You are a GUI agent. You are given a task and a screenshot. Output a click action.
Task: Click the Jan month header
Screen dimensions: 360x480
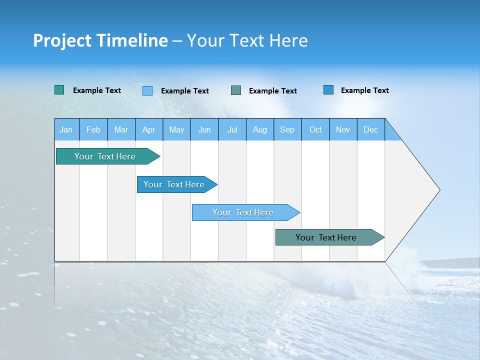click(x=66, y=129)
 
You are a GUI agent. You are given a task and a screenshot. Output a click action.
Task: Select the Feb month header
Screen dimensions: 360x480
click(x=93, y=129)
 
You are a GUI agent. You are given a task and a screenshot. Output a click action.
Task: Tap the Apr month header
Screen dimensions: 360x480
click(x=148, y=129)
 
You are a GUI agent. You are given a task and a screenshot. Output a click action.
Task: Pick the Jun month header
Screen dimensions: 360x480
click(x=204, y=129)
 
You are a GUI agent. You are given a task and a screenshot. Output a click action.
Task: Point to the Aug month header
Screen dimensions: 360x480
click(x=259, y=129)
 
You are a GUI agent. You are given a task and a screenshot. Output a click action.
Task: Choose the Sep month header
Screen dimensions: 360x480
click(x=287, y=129)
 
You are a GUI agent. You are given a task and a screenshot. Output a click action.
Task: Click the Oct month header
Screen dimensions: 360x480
click(x=315, y=129)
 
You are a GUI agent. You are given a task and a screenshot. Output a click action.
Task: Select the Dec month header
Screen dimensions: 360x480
click(x=370, y=129)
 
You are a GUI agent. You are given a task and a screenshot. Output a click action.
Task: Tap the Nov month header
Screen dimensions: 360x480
click(x=343, y=129)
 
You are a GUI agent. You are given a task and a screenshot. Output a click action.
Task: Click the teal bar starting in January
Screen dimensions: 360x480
click(x=105, y=156)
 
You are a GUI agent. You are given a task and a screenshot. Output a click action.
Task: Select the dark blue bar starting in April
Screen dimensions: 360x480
click(x=174, y=184)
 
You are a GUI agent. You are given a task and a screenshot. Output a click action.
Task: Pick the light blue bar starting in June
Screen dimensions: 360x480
click(x=243, y=212)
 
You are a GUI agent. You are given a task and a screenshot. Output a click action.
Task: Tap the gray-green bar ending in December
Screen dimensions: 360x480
click(x=326, y=237)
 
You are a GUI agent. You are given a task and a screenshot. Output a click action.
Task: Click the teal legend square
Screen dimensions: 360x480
click(x=59, y=90)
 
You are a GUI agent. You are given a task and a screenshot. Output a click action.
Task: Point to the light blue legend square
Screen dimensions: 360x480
click(x=147, y=90)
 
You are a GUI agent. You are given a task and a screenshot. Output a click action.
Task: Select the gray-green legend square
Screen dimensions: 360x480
click(x=236, y=90)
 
